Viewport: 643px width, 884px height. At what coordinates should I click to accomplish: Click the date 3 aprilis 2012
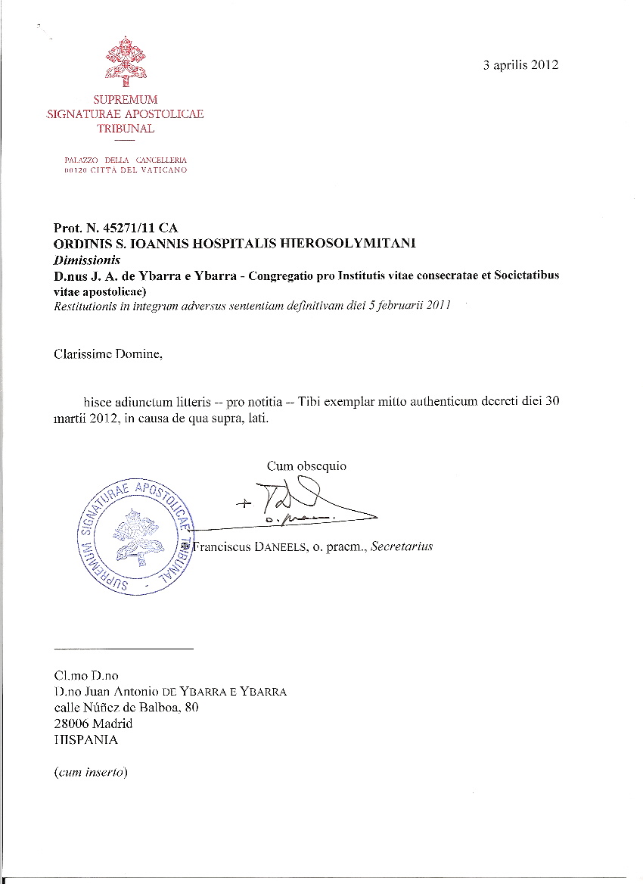[x=520, y=65]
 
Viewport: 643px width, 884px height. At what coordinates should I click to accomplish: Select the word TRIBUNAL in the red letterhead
[x=126, y=129]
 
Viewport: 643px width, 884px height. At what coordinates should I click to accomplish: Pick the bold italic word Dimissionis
[x=87, y=260]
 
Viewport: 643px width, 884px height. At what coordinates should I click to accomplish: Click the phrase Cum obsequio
[x=306, y=466]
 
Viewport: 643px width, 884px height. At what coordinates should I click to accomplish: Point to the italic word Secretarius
[x=402, y=546]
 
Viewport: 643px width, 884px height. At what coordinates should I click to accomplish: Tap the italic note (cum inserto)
[x=91, y=773]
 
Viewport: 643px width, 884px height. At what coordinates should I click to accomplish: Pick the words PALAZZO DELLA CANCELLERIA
[x=126, y=160]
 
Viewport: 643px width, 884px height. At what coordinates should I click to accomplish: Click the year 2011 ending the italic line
[x=436, y=305]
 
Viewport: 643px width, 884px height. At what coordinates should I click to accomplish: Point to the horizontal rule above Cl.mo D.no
[x=124, y=649]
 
